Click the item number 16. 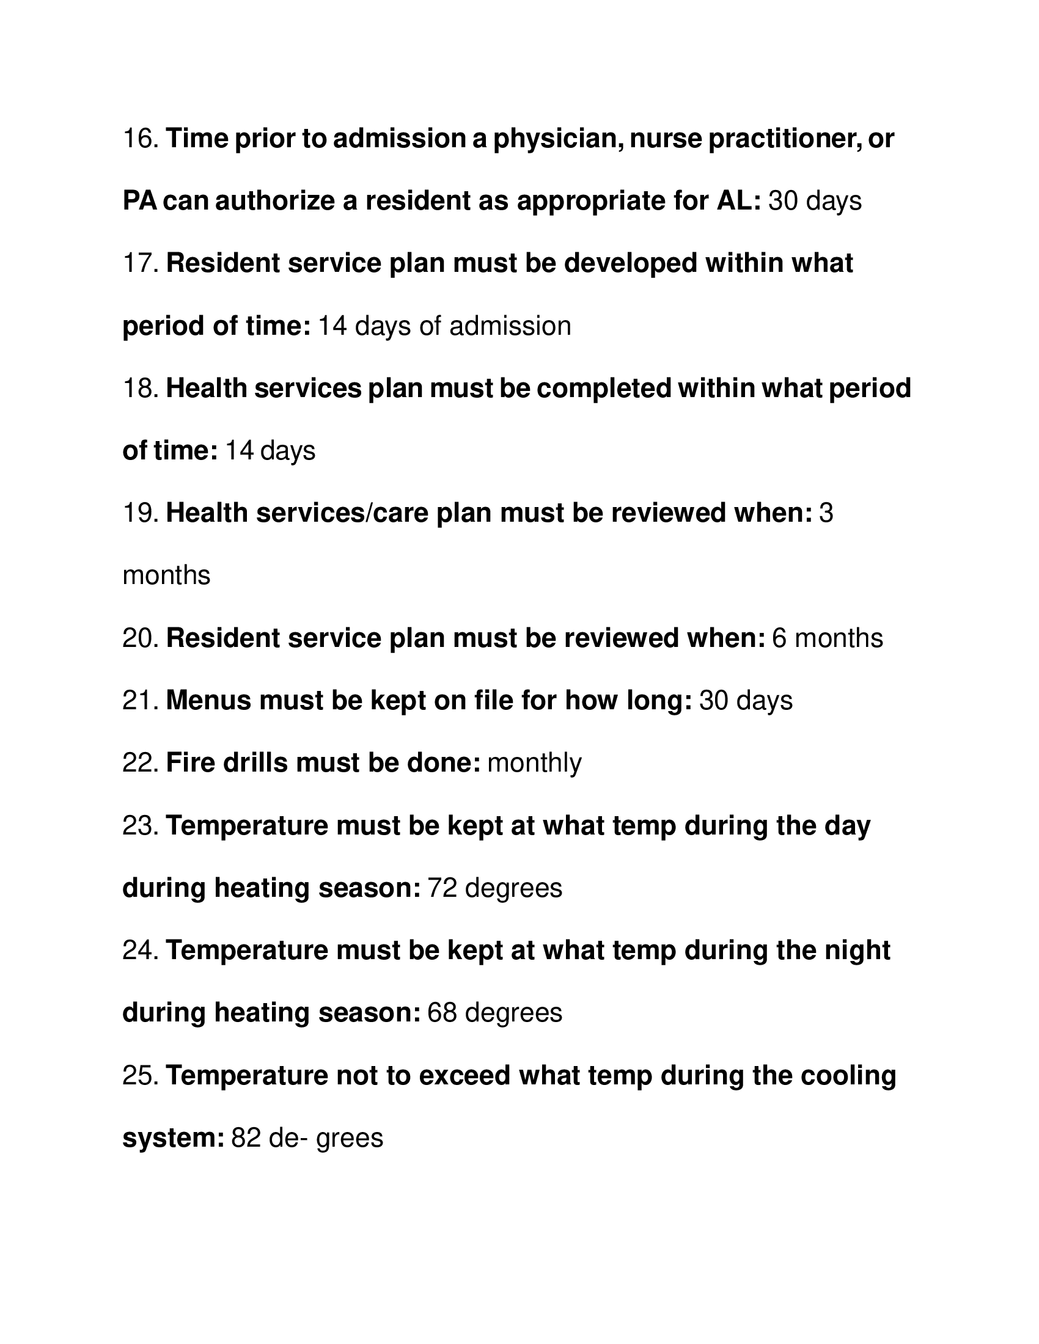tap(141, 139)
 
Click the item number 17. tap(141, 263)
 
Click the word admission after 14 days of tap(510, 326)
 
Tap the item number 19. tap(141, 513)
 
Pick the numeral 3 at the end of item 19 tap(826, 513)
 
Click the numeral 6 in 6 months tap(779, 638)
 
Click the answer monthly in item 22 tap(534, 764)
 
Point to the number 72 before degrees tap(442, 888)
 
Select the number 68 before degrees tap(442, 1012)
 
